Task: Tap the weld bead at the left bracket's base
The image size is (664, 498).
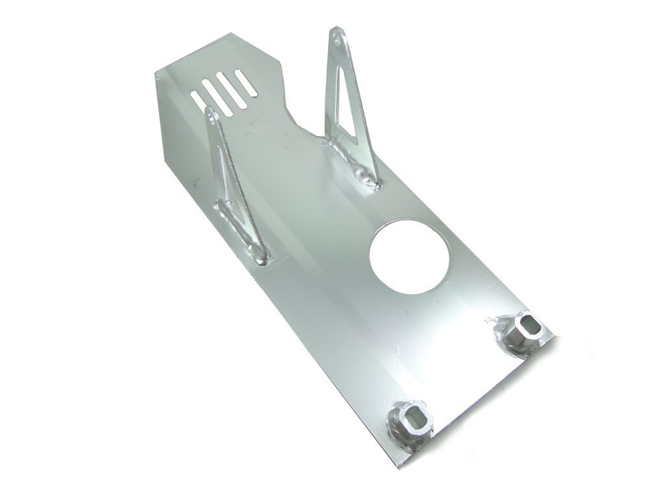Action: (259, 259)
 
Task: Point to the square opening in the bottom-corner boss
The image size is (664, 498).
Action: (414, 414)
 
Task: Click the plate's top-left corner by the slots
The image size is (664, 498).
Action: (156, 73)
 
